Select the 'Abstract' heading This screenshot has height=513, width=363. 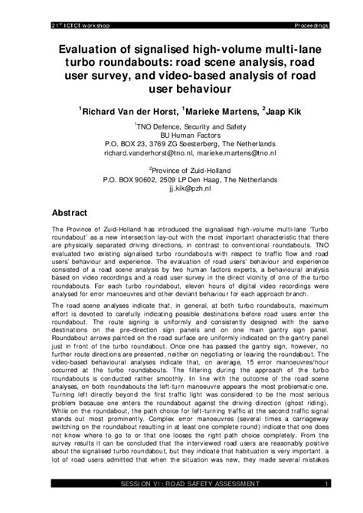(73, 213)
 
